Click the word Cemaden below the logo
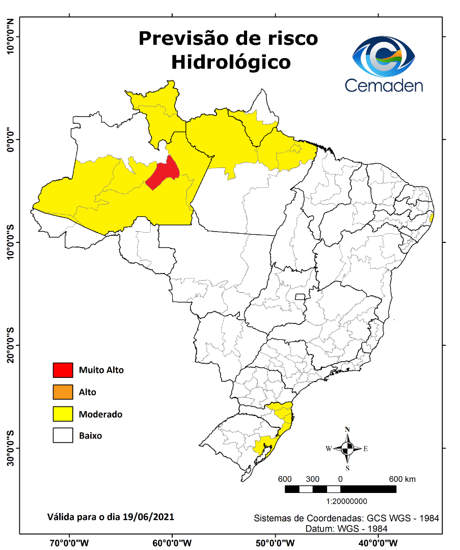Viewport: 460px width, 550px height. (x=384, y=85)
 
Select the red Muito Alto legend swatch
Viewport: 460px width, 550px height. (x=63, y=370)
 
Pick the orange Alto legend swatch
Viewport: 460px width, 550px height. (x=63, y=392)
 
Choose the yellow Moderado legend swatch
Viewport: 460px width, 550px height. (x=63, y=414)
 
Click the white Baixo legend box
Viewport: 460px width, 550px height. (x=63, y=436)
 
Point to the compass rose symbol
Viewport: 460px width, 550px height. (x=347, y=449)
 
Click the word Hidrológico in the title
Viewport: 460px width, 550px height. (x=231, y=62)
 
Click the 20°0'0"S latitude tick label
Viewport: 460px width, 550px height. (x=10, y=345)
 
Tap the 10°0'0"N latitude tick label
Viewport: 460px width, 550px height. (x=10, y=37)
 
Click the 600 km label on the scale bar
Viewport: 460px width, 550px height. (x=402, y=479)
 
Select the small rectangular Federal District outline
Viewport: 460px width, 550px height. (x=300, y=296)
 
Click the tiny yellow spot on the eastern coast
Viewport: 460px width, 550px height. (x=432, y=218)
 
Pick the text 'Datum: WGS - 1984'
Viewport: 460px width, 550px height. (x=346, y=529)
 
